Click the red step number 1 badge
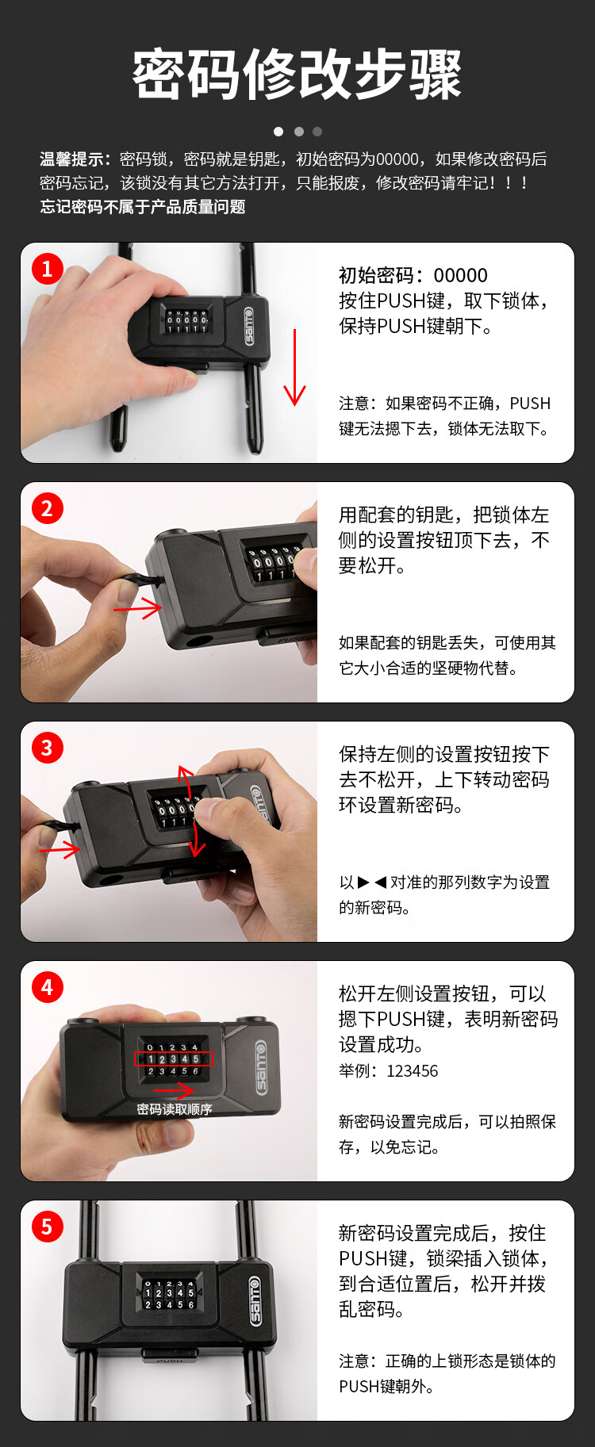point(48,269)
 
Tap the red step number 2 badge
point(48,508)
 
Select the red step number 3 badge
point(48,748)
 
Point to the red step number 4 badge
point(48,987)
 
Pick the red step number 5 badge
point(48,1227)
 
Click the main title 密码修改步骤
point(297,75)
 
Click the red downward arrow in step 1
point(294,367)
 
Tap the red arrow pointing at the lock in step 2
point(137,609)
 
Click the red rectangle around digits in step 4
point(175,1058)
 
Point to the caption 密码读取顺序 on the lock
point(175,1109)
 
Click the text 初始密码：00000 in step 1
point(413,275)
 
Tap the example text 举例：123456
point(389,1070)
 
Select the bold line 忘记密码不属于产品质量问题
point(143,207)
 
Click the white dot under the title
point(278,132)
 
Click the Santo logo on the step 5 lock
point(255,1300)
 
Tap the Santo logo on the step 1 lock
point(249,326)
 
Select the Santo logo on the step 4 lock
point(262,1068)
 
